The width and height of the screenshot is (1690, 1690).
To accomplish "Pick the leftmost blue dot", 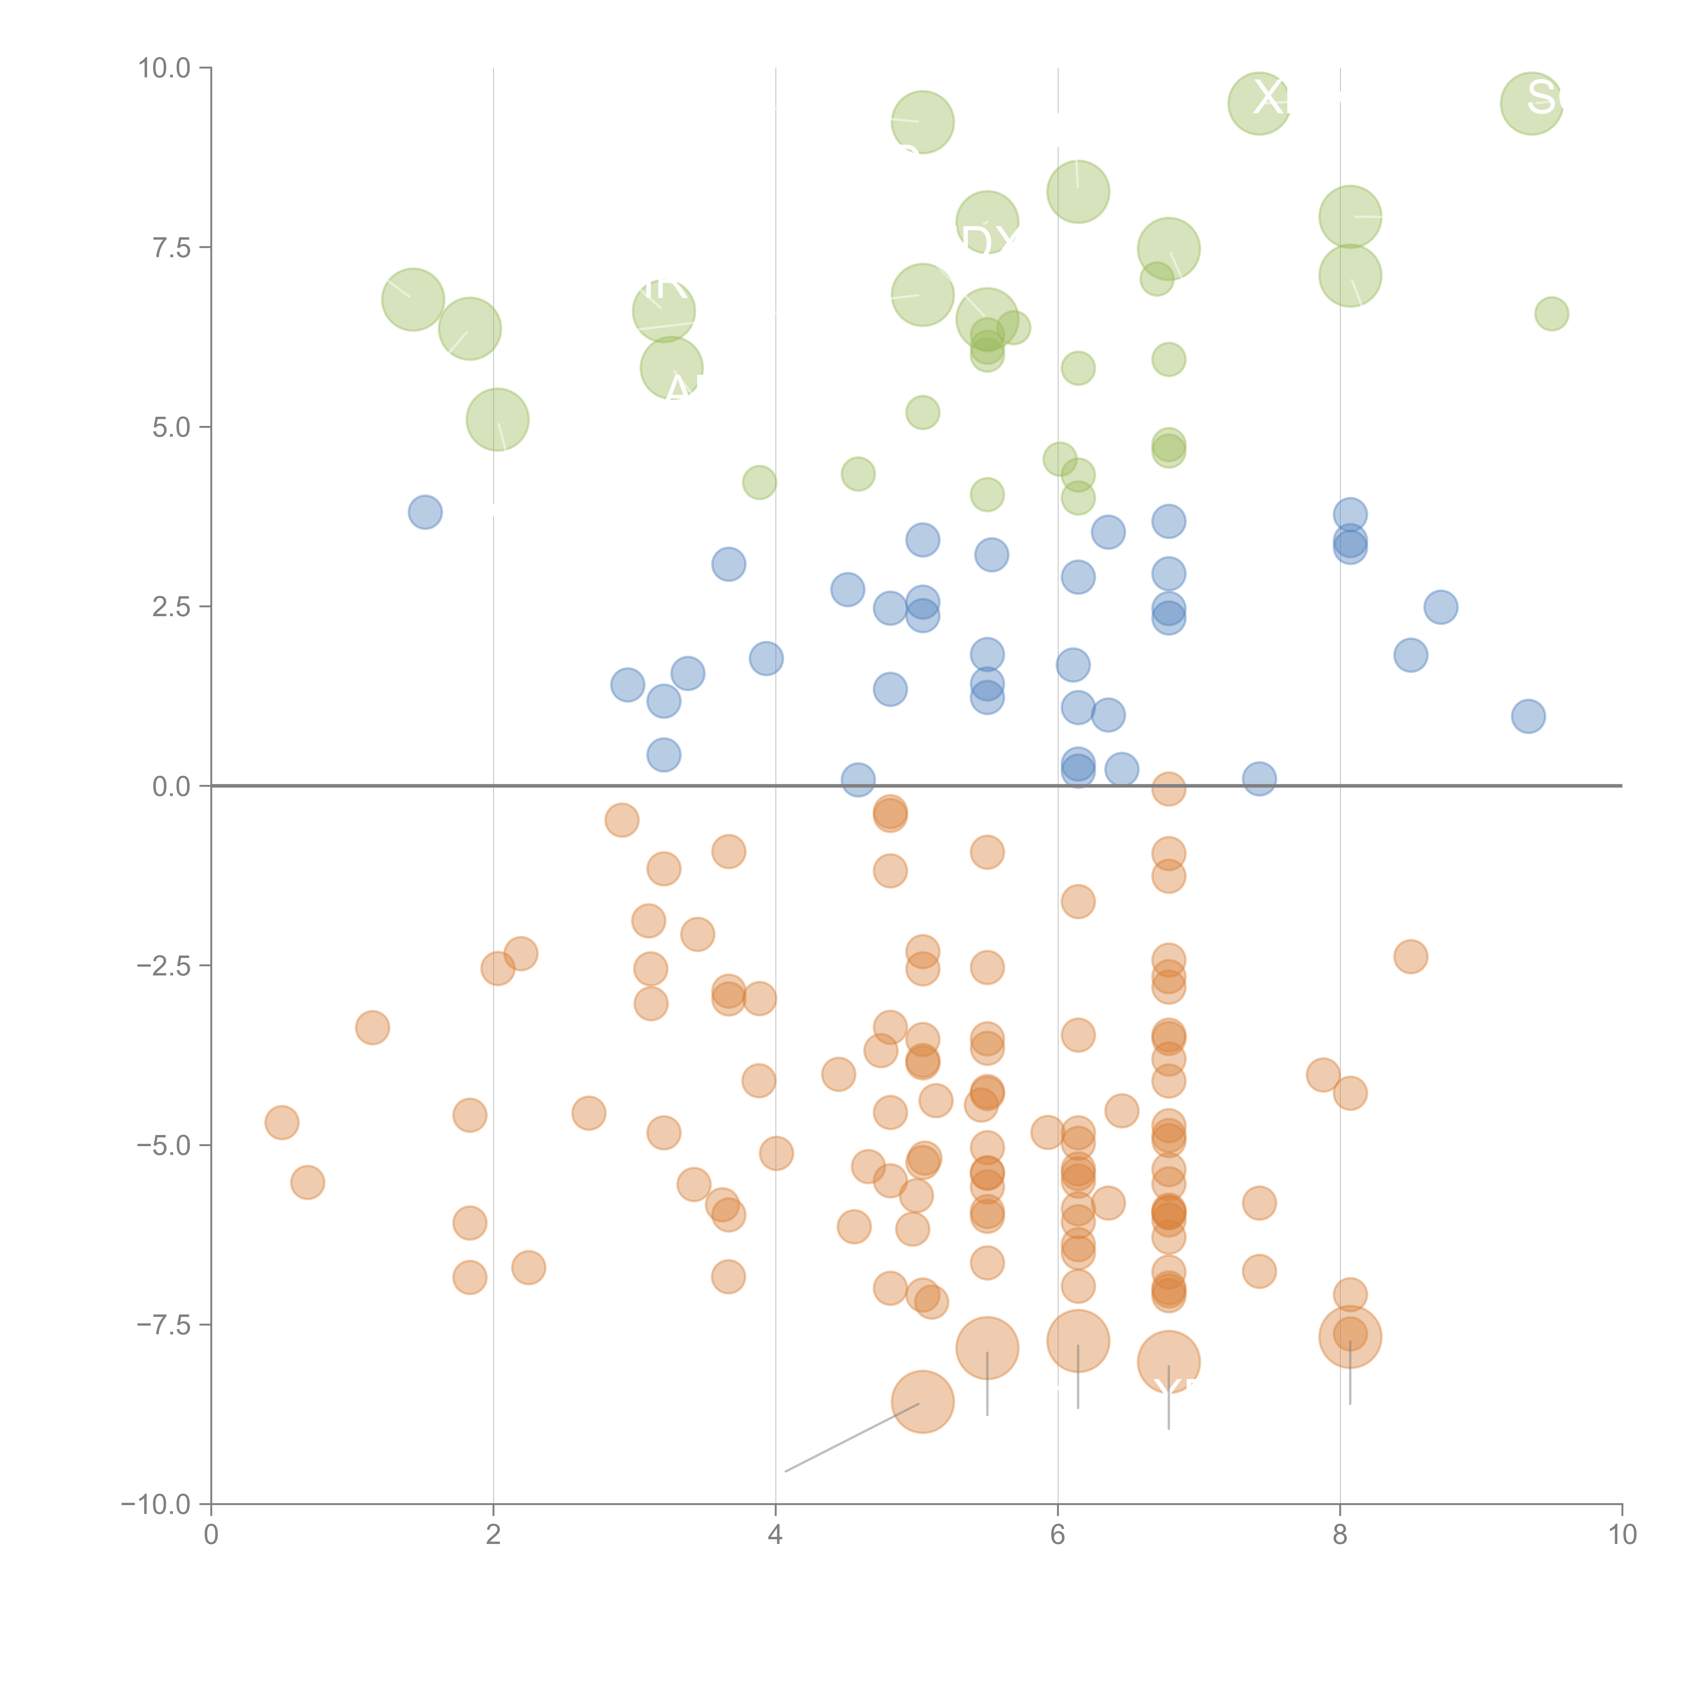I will pyautogui.click(x=425, y=512).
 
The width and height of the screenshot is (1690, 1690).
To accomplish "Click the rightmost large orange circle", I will pyautogui.click(x=1350, y=1336).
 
